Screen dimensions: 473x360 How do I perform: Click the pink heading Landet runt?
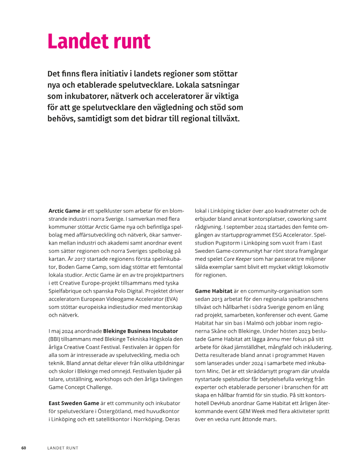(99, 41)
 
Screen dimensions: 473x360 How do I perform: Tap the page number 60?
(24, 448)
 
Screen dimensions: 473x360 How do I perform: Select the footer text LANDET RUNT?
(63, 448)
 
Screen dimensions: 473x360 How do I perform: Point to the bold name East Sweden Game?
(73, 403)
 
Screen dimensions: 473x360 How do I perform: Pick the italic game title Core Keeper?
(237, 259)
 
